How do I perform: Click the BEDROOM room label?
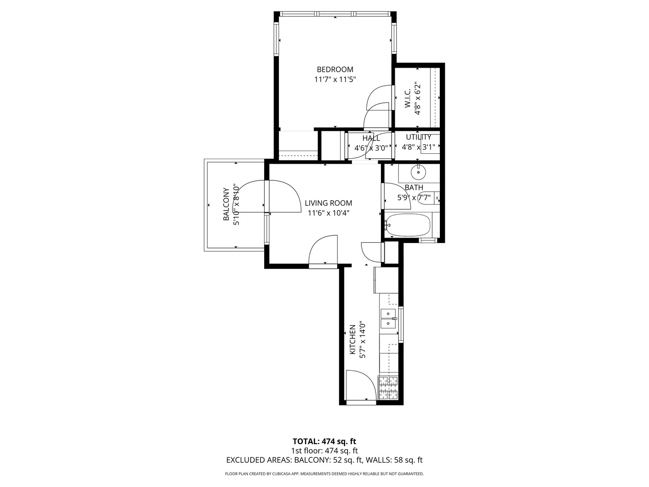[x=335, y=69]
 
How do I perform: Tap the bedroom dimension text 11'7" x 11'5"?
[x=335, y=80]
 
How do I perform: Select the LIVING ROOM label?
[x=328, y=203]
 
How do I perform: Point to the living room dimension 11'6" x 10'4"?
[x=328, y=213]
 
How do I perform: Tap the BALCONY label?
[x=227, y=204]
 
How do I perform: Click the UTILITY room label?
[x=418, y=137]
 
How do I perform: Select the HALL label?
[x=371, y=138]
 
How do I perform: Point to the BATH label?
[x=414, y=188]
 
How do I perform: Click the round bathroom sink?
[x=419, y=171]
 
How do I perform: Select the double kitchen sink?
[x=388, y=318]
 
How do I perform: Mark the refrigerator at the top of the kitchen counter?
[x=386, y=280]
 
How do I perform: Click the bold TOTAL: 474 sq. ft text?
[x=324, y=441]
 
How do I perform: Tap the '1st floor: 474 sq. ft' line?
[x=324, y=450]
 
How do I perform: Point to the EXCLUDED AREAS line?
[x=324, y=460]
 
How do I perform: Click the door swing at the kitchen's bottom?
[x=360, y=386]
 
